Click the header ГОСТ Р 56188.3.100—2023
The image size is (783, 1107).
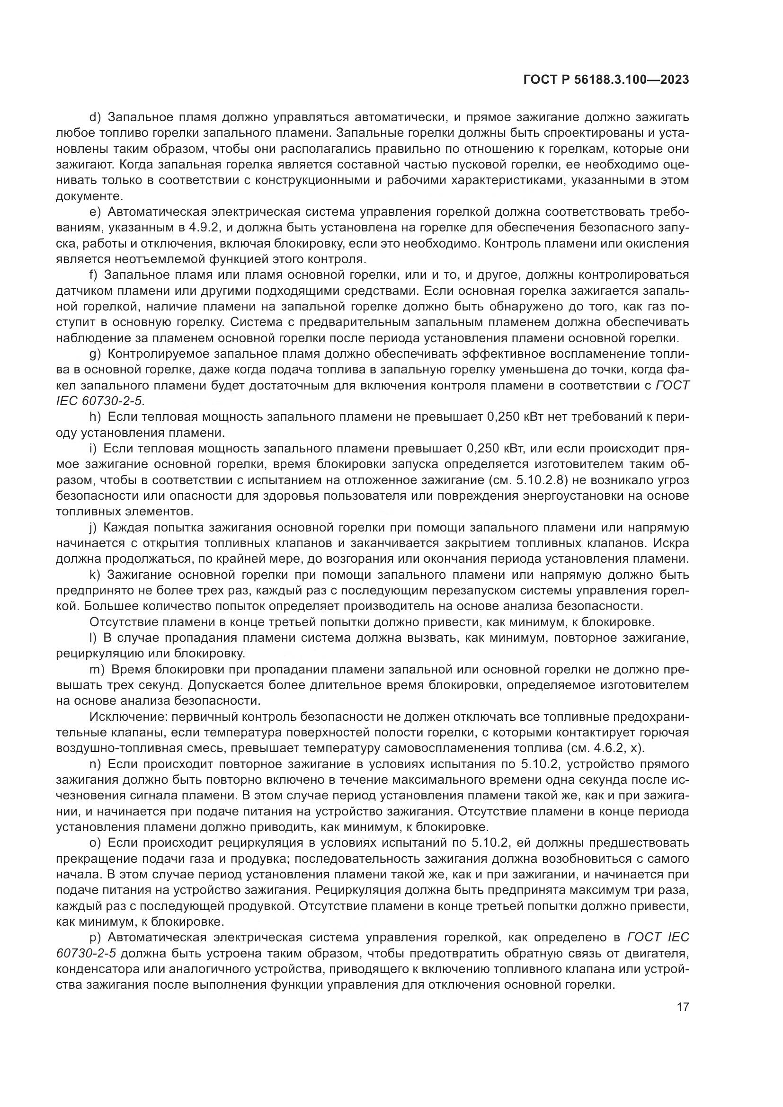[x=606, y=80]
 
